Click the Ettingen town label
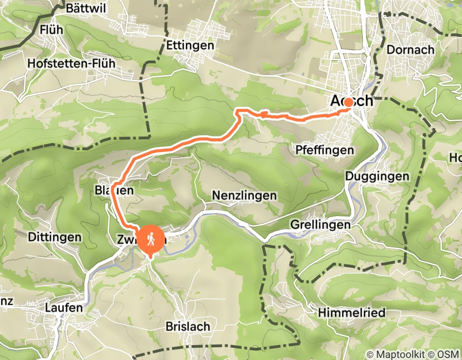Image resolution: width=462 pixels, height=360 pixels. click(190, 45)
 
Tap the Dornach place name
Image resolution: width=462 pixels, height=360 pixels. click(410, 50)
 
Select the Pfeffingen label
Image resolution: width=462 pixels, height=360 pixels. click(325, 150)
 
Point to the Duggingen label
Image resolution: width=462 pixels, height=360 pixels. click(385, 176)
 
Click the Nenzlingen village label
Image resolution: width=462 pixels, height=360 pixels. click(244, 196)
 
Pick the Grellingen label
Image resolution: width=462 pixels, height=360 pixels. click(320, 225)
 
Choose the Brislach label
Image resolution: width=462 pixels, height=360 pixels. click(188, 327)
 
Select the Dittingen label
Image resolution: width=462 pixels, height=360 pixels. click(55, 237)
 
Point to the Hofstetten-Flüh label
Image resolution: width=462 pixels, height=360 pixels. click(73, 63)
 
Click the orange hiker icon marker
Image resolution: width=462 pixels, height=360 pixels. click(150, 240)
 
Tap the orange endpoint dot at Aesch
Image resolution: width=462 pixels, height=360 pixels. click(348, 102)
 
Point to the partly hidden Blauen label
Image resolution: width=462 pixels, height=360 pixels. click(114, 190)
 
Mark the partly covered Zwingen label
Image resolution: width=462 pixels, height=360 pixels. click(131, 239)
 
